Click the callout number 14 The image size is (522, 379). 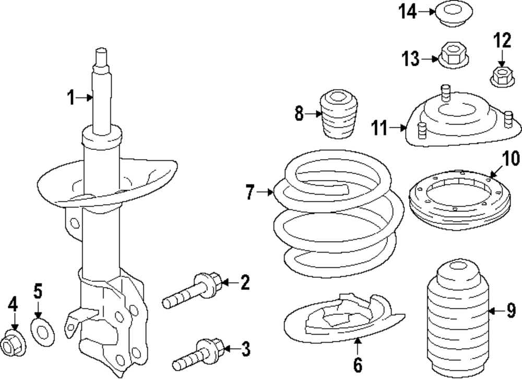click(x=408, y=11)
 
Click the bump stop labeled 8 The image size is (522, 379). click(x=339, y=114)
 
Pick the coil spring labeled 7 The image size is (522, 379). click(x=339, y=213)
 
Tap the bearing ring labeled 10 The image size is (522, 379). click(x=460, y=199)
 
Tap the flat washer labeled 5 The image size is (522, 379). click(x=43, y=331)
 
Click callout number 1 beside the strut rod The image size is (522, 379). click(x=71, y=98)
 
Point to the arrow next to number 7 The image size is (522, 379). click(x=265, y=192)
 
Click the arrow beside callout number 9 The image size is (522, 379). click(x=497, y=311)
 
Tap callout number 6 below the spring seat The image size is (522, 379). click(x=358, y=365)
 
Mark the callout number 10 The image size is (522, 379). click(x=511, y=159)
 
